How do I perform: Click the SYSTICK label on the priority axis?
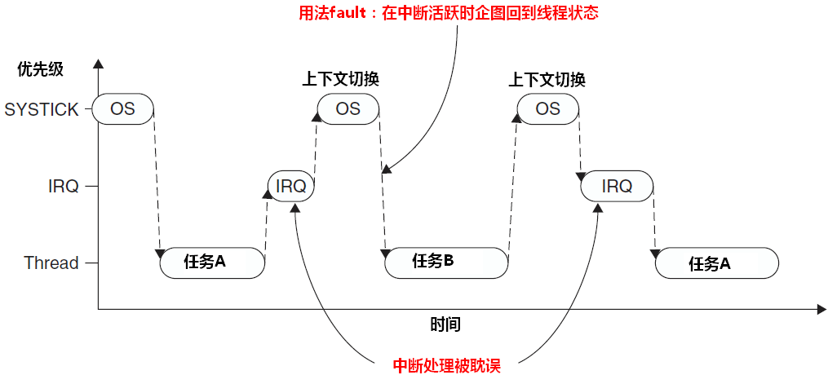42,109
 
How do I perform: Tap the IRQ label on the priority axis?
63,186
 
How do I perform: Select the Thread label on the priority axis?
51,262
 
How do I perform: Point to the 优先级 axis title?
40,69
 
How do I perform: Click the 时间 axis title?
445,324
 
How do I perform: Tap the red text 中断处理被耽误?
446,365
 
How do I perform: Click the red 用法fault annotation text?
449,14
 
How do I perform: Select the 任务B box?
446,261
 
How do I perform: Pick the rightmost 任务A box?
718,263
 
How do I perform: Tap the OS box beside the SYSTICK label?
123,109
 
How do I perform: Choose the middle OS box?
348,108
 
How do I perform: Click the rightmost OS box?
548,108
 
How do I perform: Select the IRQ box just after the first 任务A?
291,186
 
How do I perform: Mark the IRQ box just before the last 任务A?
617,186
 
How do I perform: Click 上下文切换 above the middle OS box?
341,79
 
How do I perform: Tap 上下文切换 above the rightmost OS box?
547,79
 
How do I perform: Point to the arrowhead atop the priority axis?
99,63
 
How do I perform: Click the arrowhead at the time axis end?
821,309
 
